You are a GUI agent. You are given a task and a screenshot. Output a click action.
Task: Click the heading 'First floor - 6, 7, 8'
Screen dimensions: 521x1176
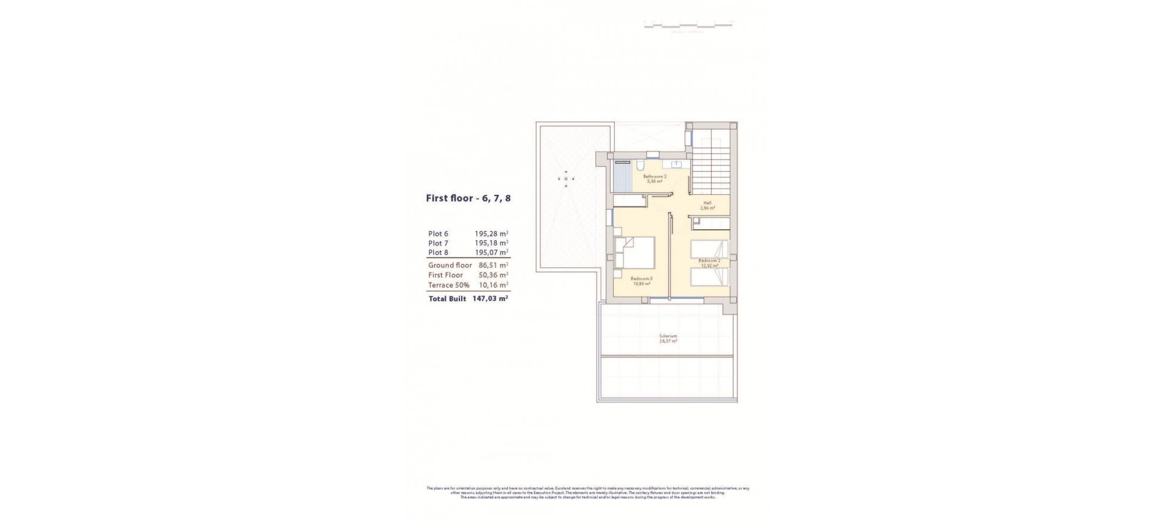[x=468, y=199]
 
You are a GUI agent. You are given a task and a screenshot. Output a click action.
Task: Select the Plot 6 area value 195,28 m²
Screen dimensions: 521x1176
[x=491, y=234]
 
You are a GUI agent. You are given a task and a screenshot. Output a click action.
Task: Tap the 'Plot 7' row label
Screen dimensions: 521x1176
[x=438, y=243]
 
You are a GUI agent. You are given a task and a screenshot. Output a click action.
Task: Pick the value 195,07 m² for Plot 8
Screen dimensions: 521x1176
[x=491, y=253]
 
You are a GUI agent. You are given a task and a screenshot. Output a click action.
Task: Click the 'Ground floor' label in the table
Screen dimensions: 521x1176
[x=450, y=265]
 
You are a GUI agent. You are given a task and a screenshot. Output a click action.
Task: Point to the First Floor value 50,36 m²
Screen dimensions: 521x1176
[x=493, y=275]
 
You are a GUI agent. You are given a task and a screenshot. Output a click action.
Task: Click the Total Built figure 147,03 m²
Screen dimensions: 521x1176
[x=490, y=299]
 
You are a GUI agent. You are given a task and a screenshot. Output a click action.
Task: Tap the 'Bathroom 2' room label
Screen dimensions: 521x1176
[x=654, y=177]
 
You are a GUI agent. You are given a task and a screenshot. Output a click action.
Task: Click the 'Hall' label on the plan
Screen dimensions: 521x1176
[x=707, y=203]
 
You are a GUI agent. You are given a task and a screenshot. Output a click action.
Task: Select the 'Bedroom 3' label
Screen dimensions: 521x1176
[x=643, y=279]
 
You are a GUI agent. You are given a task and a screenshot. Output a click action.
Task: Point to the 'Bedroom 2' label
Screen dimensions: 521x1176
[x=709, y=260]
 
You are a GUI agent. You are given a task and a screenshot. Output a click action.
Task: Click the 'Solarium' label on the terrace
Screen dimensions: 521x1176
[x=668, y=336]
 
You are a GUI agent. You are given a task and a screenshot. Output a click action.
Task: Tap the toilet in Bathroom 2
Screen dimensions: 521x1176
[x=639, y=166]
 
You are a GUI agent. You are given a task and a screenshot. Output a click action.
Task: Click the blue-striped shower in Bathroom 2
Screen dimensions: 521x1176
[x=622, y=178]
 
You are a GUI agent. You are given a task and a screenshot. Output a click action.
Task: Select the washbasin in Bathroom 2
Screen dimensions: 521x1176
[x=677, y=164]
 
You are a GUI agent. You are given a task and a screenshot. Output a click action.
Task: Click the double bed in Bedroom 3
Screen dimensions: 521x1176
[x=635, y=253]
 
